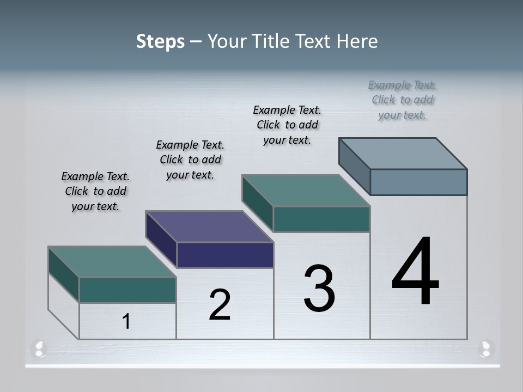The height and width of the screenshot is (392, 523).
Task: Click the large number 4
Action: (415, 272)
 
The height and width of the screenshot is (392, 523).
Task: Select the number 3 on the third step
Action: (319, 289)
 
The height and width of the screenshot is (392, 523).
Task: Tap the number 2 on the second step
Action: (220, 305)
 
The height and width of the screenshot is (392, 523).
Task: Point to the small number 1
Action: (126, 322)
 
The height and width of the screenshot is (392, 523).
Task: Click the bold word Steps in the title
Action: (160, 41)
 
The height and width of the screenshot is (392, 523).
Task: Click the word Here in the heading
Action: (357, 41)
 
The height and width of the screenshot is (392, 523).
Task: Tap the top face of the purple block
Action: (209, 226)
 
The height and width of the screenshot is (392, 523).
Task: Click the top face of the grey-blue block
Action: (403, 154)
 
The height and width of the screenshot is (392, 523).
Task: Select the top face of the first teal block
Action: (112, 262)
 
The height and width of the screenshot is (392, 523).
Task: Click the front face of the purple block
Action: (225, 255)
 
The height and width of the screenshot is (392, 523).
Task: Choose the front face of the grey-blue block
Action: (418, 182)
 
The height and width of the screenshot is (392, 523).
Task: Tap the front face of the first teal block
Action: (127, 290)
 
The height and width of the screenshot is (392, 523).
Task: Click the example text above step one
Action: (95, 191)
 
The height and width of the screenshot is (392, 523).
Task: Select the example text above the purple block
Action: (190, 160)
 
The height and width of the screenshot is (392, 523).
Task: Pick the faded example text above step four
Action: (403, 100)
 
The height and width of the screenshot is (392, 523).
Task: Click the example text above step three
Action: (287, 125)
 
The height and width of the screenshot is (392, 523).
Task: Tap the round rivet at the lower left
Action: (39, 348)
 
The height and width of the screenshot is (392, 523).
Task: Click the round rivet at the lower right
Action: (485, 348)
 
